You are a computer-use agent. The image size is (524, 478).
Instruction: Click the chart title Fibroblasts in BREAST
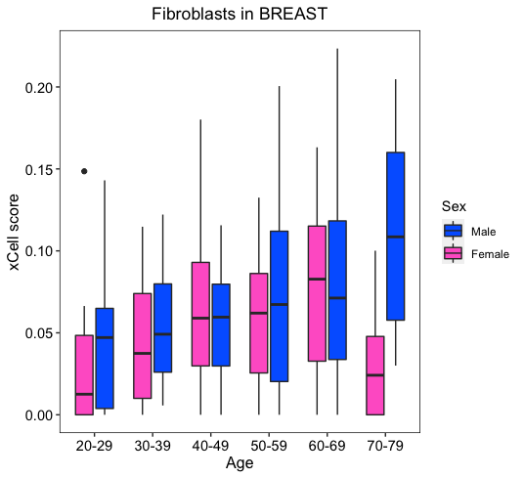pos(240,14)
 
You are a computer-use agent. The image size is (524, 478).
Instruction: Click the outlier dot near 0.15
pos(84,171)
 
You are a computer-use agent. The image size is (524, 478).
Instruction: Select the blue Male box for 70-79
pos(396,237)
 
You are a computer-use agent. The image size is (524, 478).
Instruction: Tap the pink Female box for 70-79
pos(375,375)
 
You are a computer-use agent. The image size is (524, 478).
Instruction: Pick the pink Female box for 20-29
pos(84,374)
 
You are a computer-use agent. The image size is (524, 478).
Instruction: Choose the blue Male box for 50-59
pos(280,306)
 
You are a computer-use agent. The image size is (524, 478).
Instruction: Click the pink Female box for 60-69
pos(317,293)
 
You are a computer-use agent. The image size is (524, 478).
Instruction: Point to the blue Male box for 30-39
pos(162,327)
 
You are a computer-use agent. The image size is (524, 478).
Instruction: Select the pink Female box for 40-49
pos(200,314)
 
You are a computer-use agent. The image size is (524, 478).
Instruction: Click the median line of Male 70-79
pos(396,237)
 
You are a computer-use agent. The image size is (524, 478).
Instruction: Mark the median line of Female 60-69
pos(317,279)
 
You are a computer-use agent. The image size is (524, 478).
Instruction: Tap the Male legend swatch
pos(454,231)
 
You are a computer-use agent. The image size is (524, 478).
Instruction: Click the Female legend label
pos(490,254)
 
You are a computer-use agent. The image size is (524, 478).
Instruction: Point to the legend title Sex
pos(454,206)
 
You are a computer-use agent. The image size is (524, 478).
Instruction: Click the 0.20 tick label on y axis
pos(39,88)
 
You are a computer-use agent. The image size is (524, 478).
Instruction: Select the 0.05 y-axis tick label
pos(39,333)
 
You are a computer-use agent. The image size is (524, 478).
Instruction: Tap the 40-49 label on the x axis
pos(211,446)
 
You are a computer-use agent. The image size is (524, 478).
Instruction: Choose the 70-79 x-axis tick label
pos(385,446)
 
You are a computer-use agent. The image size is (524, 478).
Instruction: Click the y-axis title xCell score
pos(14,233)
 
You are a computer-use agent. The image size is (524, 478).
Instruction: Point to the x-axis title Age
pos(240,463)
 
